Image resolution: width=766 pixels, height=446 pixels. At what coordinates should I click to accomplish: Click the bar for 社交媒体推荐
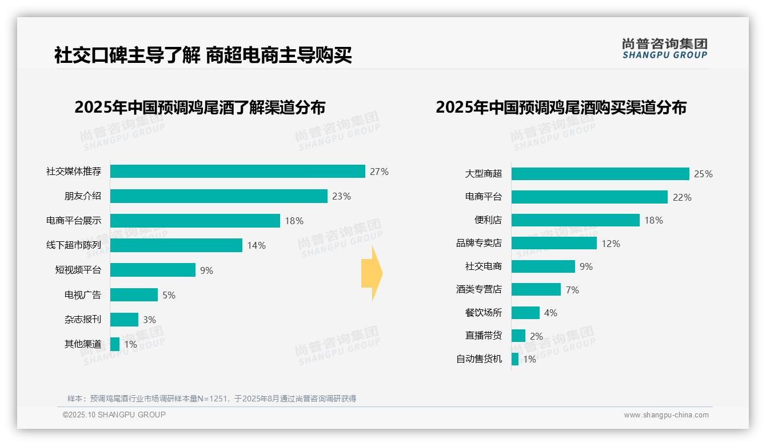click(x=237, y=172)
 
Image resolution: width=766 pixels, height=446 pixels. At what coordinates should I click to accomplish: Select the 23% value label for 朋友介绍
click(x=341, y=196)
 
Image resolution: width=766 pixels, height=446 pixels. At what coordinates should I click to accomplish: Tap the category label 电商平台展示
click(x=74, y=221)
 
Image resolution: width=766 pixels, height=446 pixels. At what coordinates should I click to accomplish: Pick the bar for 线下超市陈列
click(x=176, y=245)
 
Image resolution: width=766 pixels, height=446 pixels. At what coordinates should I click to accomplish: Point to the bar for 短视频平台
click(x=153, y=270)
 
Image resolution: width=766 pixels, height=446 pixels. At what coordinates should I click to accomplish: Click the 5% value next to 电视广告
click(x=169, y=295)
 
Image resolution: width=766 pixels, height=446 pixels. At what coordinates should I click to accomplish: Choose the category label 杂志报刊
click(x=82, y=320)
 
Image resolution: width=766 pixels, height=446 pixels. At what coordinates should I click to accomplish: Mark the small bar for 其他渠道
click(x=115, y=344)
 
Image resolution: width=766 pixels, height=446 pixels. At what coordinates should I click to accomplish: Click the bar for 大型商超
click(x=600, y=174)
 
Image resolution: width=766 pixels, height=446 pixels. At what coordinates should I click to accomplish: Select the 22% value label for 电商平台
click(x=682, y=197)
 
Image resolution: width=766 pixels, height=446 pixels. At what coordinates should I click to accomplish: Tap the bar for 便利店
click(x=575, y=220)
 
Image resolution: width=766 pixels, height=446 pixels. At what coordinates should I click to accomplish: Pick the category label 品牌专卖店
click(x=478, y=244)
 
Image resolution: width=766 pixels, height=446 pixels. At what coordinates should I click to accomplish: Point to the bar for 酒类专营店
click(x=536, y=289)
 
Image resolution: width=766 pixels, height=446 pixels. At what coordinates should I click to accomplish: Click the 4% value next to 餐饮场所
click(x=550, y=313)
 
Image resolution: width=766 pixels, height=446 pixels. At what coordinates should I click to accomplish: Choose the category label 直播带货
click(x=483, y=336)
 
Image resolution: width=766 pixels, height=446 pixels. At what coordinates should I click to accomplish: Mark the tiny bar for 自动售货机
click(x=515, y=359)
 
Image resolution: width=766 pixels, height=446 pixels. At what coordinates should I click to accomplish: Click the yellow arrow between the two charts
click(x=372, y=273)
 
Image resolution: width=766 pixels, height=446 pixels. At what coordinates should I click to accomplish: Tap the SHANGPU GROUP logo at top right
click(x=664, y=49)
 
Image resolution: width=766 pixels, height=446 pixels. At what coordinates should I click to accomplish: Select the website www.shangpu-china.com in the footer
click(x=666, y=415)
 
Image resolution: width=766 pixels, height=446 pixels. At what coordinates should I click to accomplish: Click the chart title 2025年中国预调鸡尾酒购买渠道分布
click(x=561, y=107)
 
